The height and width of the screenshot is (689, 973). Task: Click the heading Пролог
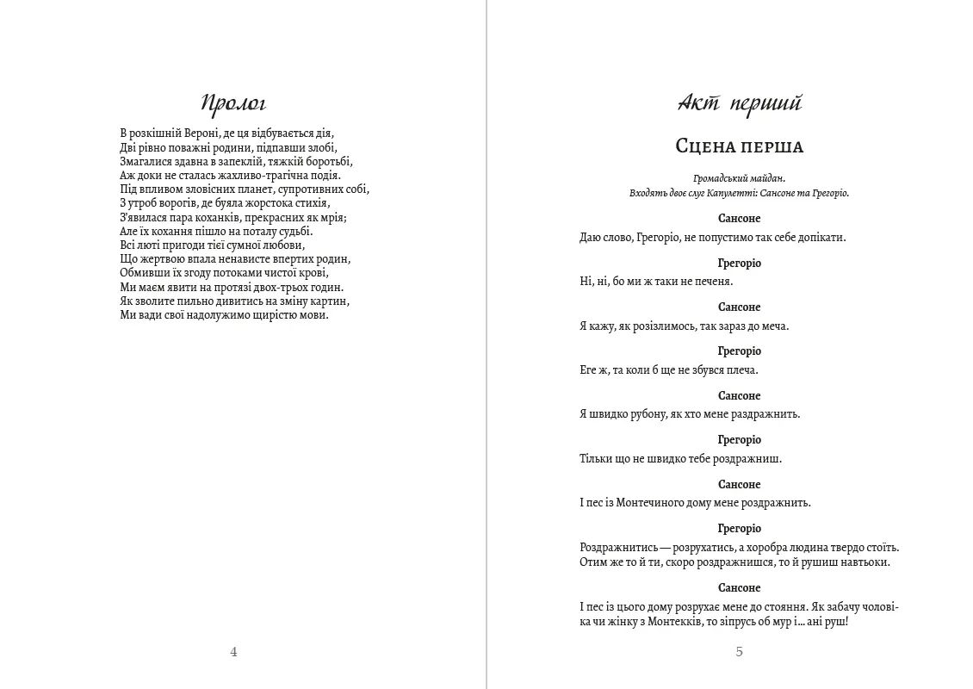click(x=233, y=104)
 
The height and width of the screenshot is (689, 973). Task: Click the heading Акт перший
click(x=739, y=104)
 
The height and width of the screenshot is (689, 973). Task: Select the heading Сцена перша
click(x=739, y=147)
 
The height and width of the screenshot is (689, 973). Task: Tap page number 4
click(x=233, y=652)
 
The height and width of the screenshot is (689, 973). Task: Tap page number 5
click(x=739, y=652)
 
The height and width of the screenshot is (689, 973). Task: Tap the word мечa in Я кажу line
click(x=775, y=326)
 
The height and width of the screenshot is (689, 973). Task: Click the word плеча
click(x=744, y=370)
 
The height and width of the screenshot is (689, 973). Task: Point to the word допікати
click(x=821, y=238)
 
